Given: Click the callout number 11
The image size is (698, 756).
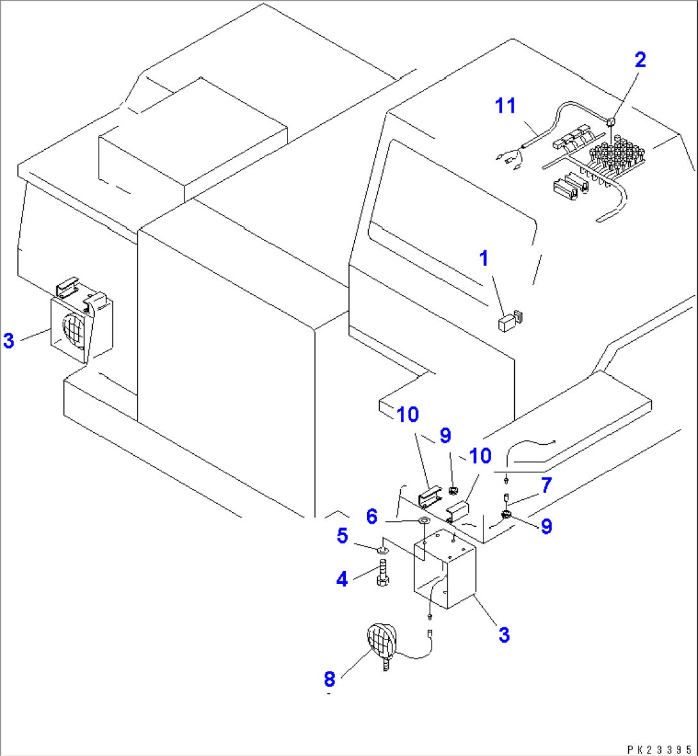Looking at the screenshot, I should [506, 106].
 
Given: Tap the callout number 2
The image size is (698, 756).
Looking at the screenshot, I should [640, 60].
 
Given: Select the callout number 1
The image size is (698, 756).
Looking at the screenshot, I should [484, 259].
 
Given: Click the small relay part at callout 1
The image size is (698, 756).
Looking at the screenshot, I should [507, 321].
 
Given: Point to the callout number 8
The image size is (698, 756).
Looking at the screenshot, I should [330, 677].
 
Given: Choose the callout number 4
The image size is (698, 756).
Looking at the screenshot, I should [342, 579].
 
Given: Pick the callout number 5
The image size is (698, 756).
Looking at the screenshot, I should [343, 535].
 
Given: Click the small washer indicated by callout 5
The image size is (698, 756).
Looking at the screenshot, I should [382, 549].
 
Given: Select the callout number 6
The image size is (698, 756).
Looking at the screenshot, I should [372, 516].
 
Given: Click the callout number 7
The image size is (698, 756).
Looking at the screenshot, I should [546, 486].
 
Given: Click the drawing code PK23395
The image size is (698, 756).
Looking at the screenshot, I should [659, 748].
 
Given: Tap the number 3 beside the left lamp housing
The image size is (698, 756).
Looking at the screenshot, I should [8, 341].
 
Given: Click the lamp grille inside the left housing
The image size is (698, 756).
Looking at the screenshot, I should [74, 332].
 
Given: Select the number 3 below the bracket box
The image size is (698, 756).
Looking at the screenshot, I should [504, 635].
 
